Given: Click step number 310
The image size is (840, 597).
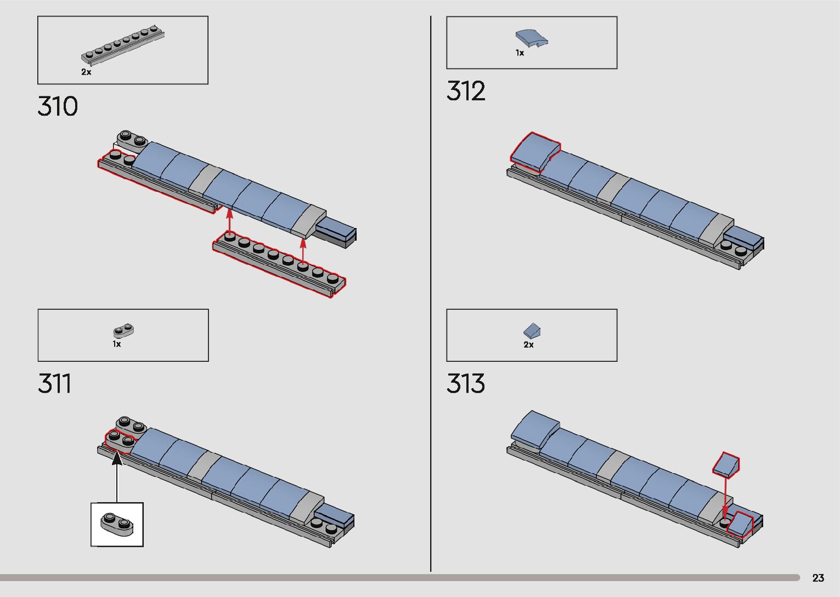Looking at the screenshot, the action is coord(58,106).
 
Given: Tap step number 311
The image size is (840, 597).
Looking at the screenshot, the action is coord(54,384).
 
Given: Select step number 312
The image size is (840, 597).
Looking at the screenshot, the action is coord(466,91).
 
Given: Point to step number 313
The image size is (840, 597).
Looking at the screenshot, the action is coord(466,384).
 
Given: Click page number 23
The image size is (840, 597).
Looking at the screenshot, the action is coord(818,578).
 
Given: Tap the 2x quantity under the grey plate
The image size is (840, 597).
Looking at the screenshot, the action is coord(86,72).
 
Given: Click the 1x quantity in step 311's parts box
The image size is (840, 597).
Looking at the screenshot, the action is coord(117,344).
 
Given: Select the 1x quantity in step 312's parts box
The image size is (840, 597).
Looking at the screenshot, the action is coord(520,53).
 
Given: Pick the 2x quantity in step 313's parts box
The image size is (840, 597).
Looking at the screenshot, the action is coord(528,345).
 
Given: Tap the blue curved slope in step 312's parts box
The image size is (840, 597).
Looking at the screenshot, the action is coord(532,38).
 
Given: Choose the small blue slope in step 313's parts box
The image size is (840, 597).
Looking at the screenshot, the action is coord(532,331).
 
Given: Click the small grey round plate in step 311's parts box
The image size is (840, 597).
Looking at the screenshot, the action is coord(124,331).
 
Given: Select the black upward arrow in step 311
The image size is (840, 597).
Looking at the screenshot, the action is coord(117,477).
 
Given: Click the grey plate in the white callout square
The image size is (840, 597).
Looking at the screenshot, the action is coord(117,524).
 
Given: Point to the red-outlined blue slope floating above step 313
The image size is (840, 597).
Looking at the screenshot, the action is coord(726,464).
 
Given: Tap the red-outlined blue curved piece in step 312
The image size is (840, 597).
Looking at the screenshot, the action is coord(535,151).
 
